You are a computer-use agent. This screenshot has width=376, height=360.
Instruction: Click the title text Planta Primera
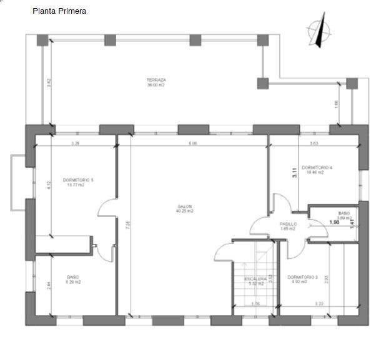pyautogui.click(x=59, y=11)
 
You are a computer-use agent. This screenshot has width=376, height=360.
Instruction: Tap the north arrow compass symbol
pyautogui.click(x=319, y=33)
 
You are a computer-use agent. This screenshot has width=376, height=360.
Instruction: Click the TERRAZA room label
pyautogui.click(x=156, y=80)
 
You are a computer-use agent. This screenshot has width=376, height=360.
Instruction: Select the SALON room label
pyautogui.click(x=184, y=207)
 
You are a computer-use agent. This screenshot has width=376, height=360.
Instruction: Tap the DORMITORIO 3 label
pyautogui.click(x=303, y=277)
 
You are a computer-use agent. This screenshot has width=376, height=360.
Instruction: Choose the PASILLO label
pyautogui.click(x=287, y=224)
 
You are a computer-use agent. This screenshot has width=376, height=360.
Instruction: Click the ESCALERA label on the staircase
pyautogui.click(x=255, y=278)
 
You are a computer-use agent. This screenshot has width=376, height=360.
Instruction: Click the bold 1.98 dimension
pyautogui.click(x=335, y=221)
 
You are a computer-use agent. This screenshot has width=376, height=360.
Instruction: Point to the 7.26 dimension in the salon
pyautogui.click(x=127, y=225)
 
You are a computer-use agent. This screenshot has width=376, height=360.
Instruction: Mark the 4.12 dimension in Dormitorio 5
pyautogui.click(x=49, y=185)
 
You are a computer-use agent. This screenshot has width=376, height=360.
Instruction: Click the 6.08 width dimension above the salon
pyautogui.click(x=193, y=144)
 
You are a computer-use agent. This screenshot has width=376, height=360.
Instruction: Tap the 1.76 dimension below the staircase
pyautogui.click(x=255, y=304)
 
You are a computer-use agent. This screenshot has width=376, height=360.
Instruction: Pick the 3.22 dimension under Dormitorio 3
pyautogui.click(x=319, y=304)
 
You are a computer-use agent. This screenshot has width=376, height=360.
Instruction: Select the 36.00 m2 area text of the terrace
pyautogui.click(x=156, y=86)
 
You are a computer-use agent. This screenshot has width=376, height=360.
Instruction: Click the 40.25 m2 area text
pyautogui.click(x=184, y=212)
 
